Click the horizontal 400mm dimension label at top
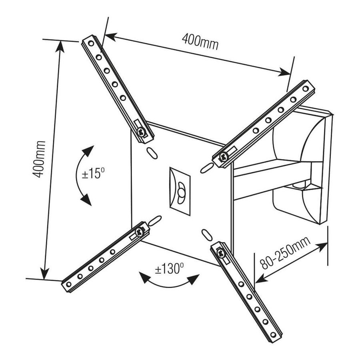click(200, 42)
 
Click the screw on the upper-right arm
click(224, 157)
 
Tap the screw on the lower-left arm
click(140, 231)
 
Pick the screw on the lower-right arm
click(220, 253)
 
